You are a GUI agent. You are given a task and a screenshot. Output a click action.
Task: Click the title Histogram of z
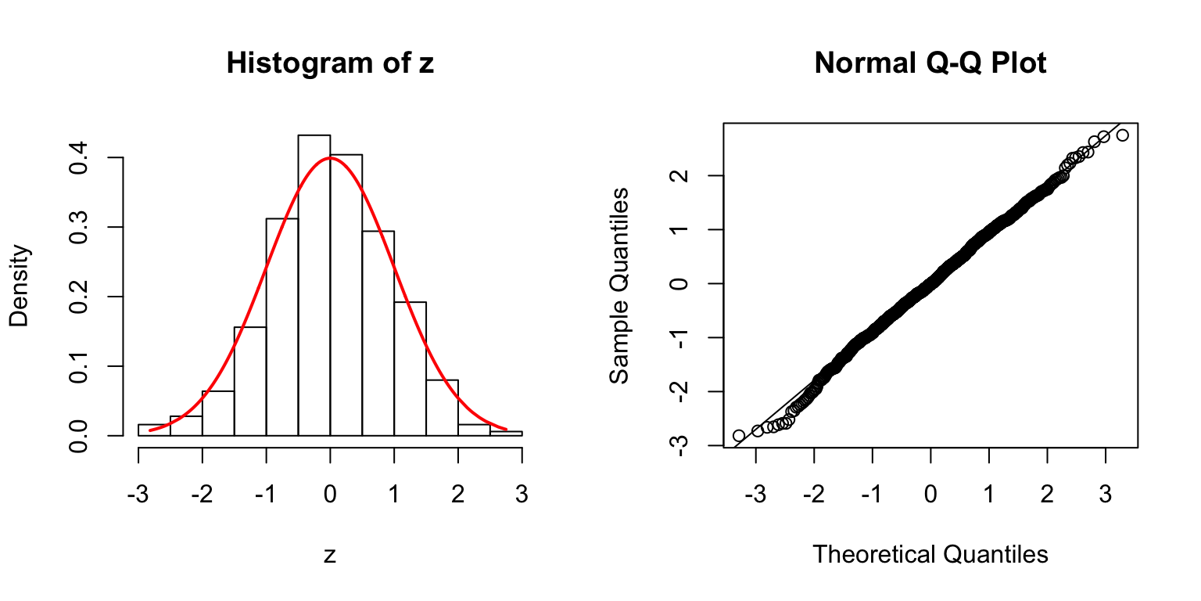coord(330,63)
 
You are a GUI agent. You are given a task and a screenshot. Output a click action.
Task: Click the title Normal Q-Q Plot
coord(930,63)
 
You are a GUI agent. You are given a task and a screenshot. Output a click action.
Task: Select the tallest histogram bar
coord(314,286)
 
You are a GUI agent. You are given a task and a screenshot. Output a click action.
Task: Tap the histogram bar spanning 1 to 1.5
coord(410,368)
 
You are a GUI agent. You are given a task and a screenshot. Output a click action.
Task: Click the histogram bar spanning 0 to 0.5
coord(346,295)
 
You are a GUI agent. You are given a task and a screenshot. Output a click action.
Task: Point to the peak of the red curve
coord(330,157)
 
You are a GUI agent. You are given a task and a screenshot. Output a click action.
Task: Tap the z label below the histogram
coord(330,555)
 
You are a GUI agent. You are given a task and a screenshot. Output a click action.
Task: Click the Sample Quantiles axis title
coord(619,285)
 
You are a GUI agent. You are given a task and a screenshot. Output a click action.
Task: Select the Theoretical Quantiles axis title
coord(930,555)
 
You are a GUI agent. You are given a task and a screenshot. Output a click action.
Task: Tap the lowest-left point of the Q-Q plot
coord(739,435)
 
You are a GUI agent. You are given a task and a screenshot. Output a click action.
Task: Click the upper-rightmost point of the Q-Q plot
coord(1123,135)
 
